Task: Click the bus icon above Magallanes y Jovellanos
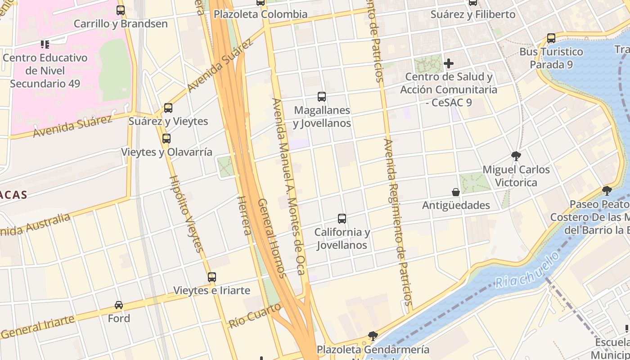pyautogui.click(x=321, y=96)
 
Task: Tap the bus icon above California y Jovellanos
pyautogui.click(x=342, y=219)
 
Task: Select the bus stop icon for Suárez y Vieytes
pyautogui.click(x=168, y=108)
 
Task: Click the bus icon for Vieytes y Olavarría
pyautogui.click(x=166, y=139)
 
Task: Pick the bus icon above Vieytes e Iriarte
pyautogui.click(x=211, y=277)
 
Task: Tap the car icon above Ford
pyautogui.click(x=119, y=305)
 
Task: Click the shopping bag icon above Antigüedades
pyautogui.click(x=456, y=192)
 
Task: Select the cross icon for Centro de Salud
pyautogui.click(x=449, y=63)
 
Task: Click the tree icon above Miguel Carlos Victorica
pyautogui.click(x=516, y=156)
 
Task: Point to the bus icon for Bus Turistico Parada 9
pyautogui.click(x=551, y=38)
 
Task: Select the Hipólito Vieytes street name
pyautogui.click(x=187, y=213)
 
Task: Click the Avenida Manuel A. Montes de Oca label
pyautogui.click(x=289, y=186)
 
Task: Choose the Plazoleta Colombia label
pyautogui.click(x=260, y=14)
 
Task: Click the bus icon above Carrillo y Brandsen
pyautogui.click(x=120, y=10)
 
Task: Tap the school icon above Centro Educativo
pyautogui.click(x=45, y=44)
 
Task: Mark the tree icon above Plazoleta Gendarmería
pyautogui.click(x=373, y=336)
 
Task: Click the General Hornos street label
pyautogui.click(x=272, y=238)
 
